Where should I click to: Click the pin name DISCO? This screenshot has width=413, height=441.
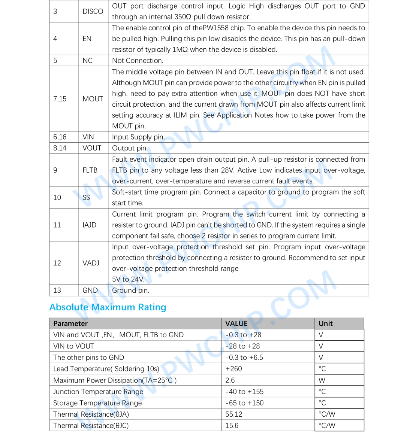93,11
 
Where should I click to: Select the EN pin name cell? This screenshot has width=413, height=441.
87,39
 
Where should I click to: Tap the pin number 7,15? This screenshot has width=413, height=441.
60,99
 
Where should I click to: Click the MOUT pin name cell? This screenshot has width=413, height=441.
93,99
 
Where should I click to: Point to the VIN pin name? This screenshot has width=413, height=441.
88,137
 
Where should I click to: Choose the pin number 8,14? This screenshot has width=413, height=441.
60,148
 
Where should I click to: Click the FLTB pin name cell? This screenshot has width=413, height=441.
90,170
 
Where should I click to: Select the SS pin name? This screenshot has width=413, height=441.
86,197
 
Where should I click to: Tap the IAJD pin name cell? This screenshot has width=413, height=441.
89,225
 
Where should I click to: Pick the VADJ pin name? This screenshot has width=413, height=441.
91,263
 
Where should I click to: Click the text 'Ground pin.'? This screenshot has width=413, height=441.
130,291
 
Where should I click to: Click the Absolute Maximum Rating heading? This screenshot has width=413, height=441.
108,307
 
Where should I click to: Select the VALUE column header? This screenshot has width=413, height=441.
236,323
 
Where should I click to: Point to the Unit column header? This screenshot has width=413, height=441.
325,323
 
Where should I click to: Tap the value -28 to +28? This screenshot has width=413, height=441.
242,346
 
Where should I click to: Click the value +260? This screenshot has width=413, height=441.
233,369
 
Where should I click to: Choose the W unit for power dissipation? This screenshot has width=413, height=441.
322,380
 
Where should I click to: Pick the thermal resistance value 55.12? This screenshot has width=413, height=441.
234,414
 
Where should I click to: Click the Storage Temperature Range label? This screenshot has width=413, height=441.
97,403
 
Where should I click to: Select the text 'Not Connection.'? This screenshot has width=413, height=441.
138,61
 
